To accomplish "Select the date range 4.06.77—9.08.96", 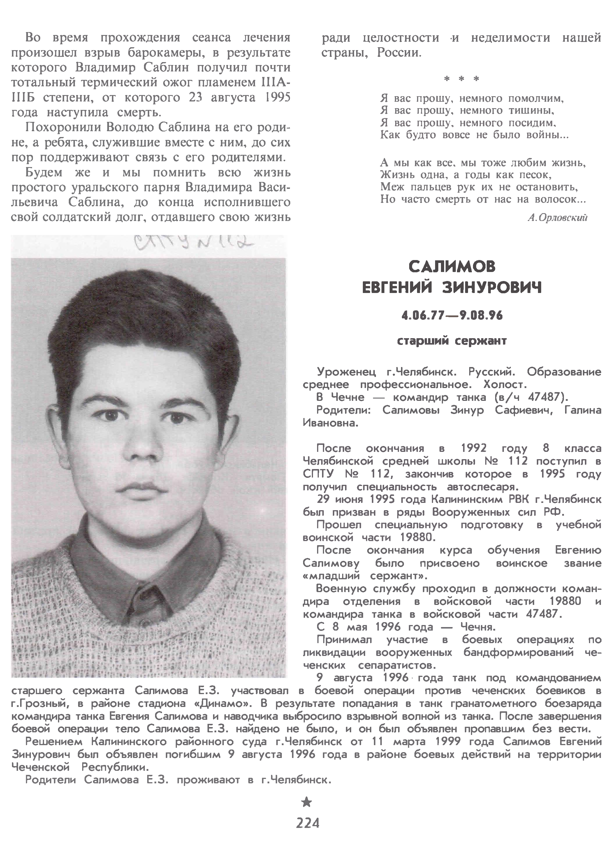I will point(452,315).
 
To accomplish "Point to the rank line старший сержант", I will point(452,341).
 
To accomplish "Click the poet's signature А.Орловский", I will point(557,218).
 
